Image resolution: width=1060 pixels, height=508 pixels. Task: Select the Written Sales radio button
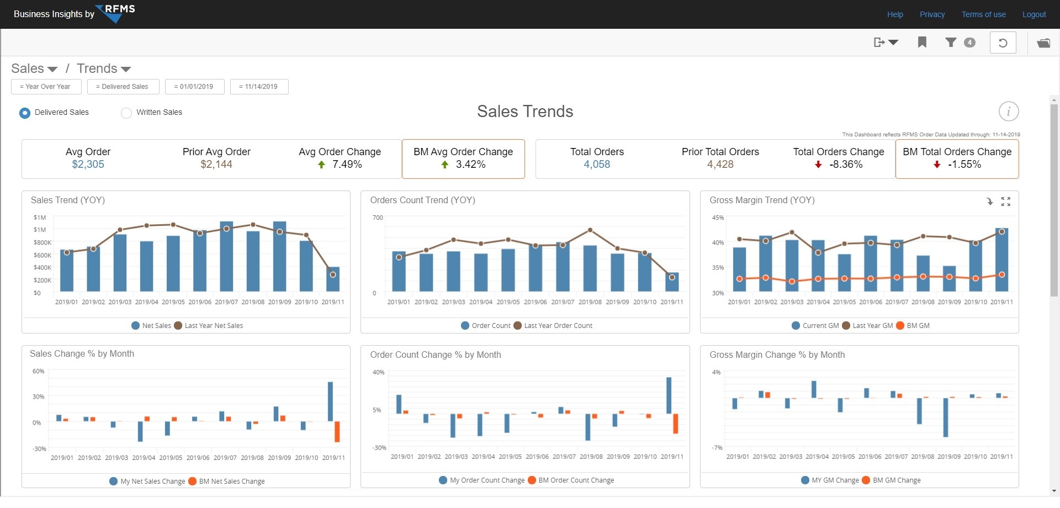pos(126,113)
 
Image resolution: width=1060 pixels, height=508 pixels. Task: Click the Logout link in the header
pos(1033,14)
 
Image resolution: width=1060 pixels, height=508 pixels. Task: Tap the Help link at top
pos(895,14)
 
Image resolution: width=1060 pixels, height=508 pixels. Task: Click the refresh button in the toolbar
pos(1003,43)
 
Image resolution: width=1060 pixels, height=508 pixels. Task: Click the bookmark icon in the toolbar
pos(922,43)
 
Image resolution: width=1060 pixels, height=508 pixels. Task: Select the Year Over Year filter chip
pos(46,87)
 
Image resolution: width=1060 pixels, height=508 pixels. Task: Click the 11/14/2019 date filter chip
pos(259,87)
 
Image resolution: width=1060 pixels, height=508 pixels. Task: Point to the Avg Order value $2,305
pos(88,165)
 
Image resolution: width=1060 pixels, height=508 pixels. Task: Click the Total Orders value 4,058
pos(597,165)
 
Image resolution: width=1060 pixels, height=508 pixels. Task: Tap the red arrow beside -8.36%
pos(818,165)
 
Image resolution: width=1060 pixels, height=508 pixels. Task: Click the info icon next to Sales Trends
pos(1008,112)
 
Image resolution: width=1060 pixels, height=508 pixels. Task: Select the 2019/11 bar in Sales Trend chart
pos(333,279)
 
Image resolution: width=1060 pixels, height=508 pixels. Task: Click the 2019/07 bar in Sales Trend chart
pos(226,257)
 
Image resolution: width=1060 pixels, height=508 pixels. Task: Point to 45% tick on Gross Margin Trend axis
pos(718,218)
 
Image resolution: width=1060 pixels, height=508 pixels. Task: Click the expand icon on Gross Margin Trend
pos(1006,202)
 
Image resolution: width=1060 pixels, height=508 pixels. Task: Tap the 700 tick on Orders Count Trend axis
pos(378,218)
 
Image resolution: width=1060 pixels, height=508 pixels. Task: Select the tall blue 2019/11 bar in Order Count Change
pos(669,395)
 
